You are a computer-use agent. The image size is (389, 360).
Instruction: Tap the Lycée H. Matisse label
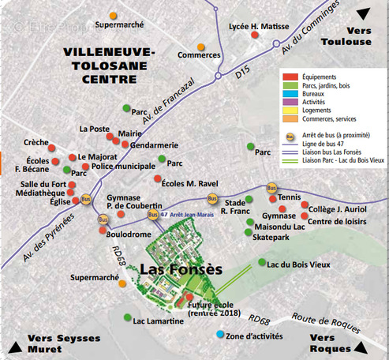(260, 26)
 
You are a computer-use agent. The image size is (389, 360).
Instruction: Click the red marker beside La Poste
(119, 129)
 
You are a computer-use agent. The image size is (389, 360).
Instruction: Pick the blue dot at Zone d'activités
(220, 335)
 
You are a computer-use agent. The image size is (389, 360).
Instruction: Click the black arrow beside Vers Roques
(361, 346)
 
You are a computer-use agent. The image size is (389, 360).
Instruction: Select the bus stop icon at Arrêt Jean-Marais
(153, 214)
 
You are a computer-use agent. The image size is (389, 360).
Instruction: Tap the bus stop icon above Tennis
(271, 188)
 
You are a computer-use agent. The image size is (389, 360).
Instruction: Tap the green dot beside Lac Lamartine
(127, 317)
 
